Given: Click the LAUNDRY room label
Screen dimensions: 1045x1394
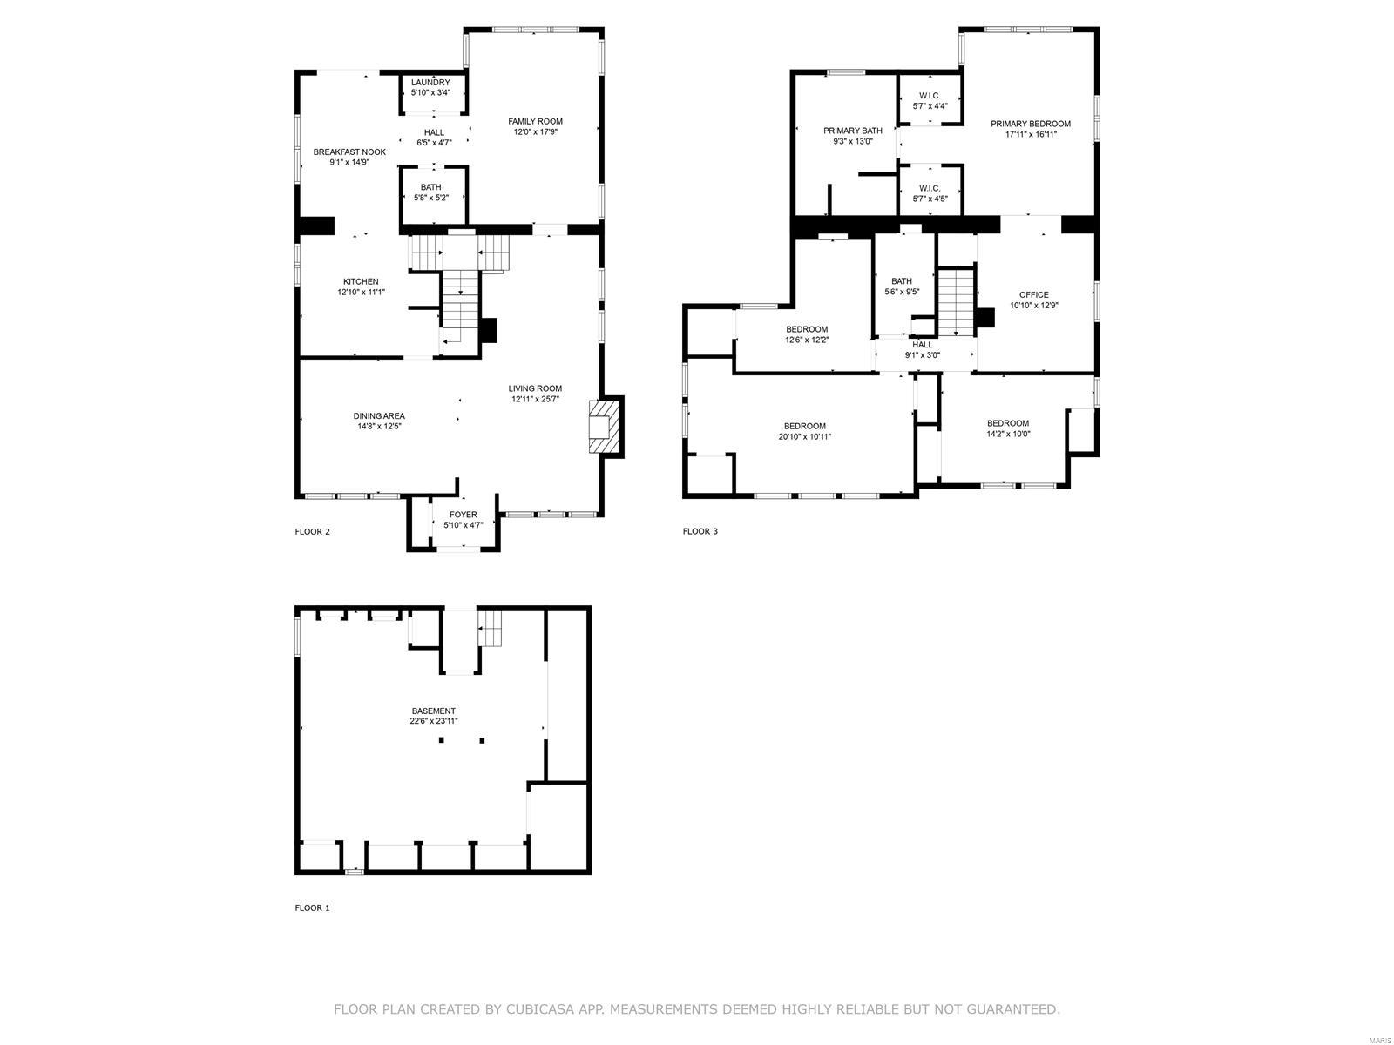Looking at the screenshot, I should (x=430, y=82).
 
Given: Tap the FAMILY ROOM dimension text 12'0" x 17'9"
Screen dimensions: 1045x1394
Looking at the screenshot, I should (x=535, y=132).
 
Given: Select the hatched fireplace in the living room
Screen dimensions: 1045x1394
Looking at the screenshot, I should (x=606, y=426).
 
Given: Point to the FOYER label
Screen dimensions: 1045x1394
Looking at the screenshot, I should (x=463, y=515).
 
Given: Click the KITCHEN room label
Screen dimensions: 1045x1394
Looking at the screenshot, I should (x=361, y=281).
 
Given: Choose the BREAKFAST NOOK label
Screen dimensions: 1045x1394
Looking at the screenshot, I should (x=349, y=152).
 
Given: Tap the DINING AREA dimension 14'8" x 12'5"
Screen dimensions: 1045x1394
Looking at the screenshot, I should (x=378, y=426).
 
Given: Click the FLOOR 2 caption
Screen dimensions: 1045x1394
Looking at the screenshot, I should (x=312, y=531).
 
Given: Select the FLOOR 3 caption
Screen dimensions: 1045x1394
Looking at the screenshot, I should (x=700, y=531).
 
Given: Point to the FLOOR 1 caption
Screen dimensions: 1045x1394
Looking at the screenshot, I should (x=312, y=907).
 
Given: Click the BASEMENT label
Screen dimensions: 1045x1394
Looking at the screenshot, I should (x=433, y=711).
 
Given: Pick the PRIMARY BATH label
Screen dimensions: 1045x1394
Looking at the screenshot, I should (x=852, y=131).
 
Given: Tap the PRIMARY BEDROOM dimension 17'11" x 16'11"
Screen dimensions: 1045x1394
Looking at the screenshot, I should (x=1030, y=134).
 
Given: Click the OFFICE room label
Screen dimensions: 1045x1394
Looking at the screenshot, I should (x=1034, y=294).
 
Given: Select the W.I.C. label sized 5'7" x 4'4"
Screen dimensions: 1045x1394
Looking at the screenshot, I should (x=930, y=96).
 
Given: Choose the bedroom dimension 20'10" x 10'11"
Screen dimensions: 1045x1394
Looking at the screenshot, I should (x=804, y=436).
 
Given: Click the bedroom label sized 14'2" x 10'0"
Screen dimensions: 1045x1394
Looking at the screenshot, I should (x=1007, y=423).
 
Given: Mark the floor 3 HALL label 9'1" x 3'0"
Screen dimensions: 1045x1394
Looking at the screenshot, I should (x=922, y=345).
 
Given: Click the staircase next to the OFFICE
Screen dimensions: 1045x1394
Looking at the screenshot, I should (x=955, y=300).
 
